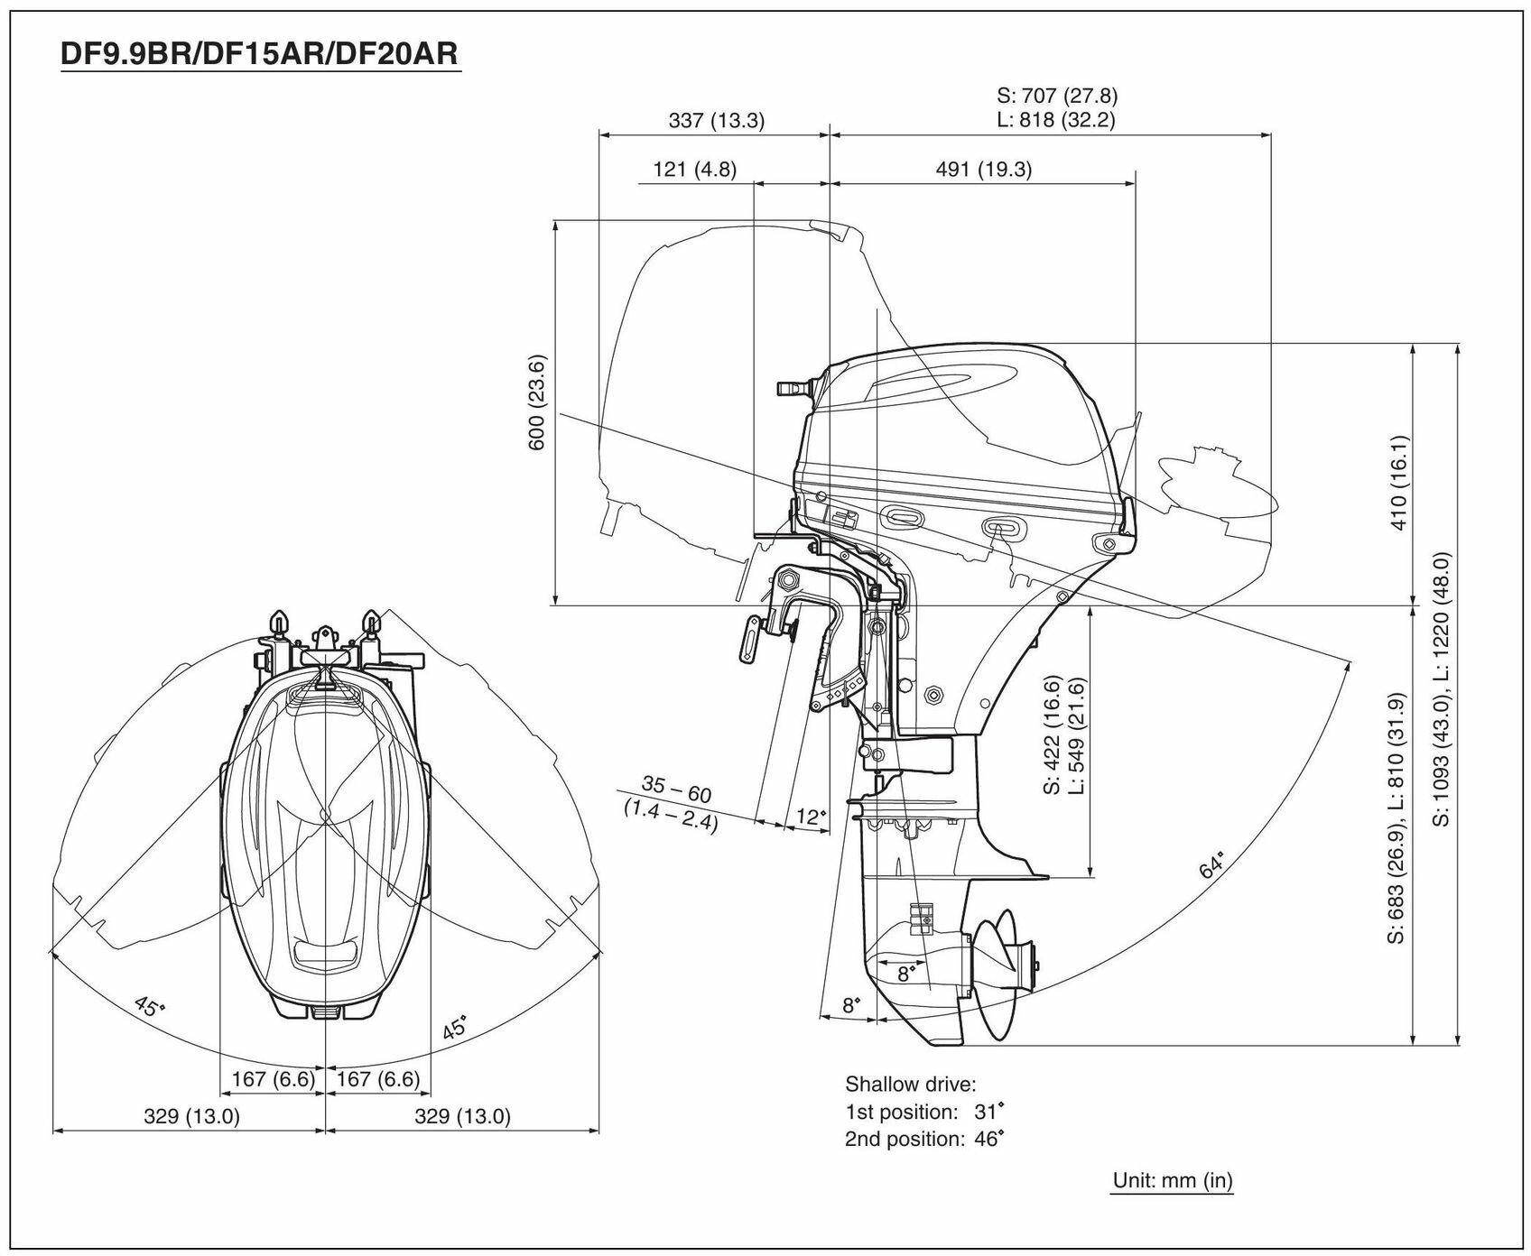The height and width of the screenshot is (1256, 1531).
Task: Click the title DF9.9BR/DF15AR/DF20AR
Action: pyautogui.click(x=260, y=54)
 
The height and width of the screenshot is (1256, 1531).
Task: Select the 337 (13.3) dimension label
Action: pyautogui.click(x=716, y=120)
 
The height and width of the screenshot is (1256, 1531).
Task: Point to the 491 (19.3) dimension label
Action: pyautogui.click(x=983, y=169)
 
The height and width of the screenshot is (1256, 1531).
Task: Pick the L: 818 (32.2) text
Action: pyautogui.click(x=1056, y=120)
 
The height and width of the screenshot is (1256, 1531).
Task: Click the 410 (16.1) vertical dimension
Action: pyautogui.click(x=1399, y=482)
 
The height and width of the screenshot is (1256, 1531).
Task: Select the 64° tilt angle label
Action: pyautogui.click(x=1212, y=864)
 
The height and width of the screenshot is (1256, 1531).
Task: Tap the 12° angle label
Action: pyautogui.click(x=811, y=817)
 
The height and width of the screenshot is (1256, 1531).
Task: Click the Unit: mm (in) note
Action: pyautogui.click(x=1172, y=1179)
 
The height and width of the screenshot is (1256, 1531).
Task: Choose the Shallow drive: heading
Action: pyautogui.click(x=911, y=1084)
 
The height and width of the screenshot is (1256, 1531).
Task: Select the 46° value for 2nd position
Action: pyautogui.click(x=988, y=1139)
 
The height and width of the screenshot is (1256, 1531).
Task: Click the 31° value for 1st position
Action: pyautogui.click(x=988, y=1112)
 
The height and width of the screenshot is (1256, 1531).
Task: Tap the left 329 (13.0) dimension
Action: pyautogui.click(x=191, y=1116)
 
